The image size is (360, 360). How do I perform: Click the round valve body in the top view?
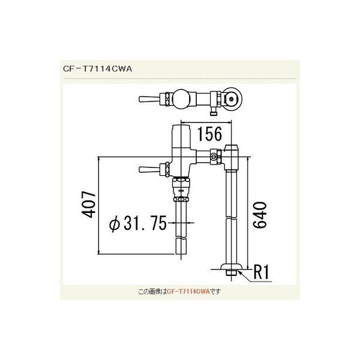[182, 97]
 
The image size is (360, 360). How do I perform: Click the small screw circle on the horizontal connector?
[213, 157]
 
